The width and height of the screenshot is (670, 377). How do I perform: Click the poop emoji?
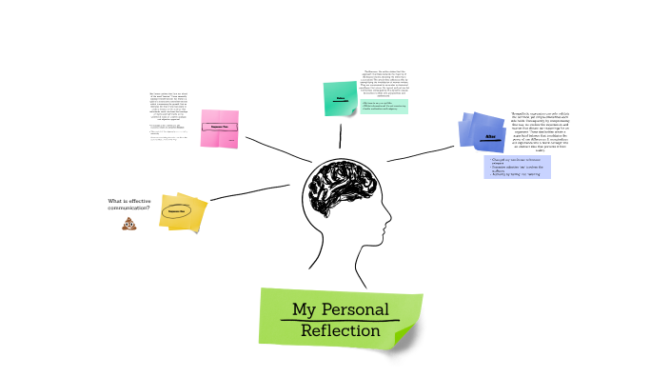(128, 225)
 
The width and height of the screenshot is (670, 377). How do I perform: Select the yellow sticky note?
(183, 212)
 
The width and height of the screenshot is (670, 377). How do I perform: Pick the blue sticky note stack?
(483, 132)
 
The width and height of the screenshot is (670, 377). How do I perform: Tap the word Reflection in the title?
(340, 331)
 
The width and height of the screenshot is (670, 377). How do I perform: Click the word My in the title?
(304, 309)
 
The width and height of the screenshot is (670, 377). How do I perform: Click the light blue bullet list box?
(517, 167)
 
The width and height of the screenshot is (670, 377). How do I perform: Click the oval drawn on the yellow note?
(176, 210)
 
